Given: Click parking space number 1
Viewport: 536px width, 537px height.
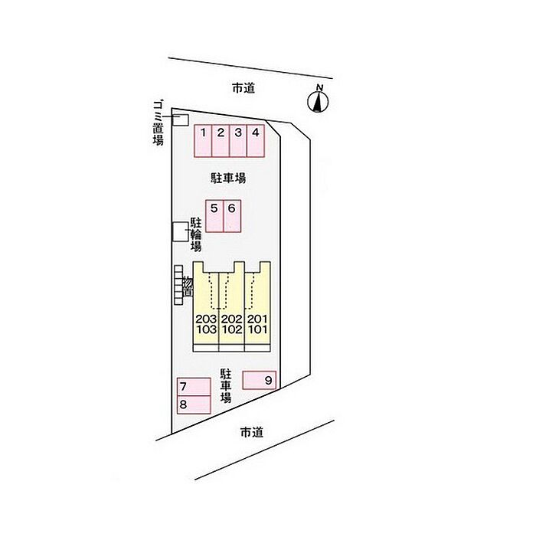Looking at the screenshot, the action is pos(202,140).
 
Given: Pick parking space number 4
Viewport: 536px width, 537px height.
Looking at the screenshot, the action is pos(255,140).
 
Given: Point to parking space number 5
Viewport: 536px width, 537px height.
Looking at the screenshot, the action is pos(214,216).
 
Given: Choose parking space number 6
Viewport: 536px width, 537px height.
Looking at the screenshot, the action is pos(231,216).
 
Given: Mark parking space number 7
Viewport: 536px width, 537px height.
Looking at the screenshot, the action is pos(194,387).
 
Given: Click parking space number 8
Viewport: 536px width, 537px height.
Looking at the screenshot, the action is pos(194,404).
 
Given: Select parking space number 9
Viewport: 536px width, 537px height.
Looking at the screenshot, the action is pos(260,379).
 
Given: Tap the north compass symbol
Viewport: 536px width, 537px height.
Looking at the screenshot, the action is pos(319,100).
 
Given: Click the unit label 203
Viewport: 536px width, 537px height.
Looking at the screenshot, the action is pos(206,319).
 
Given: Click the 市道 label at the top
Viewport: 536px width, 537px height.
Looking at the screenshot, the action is pos(243,89).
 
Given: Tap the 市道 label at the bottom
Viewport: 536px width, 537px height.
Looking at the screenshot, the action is pos(251,433).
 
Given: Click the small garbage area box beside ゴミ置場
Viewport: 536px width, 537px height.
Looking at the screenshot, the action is pos(181,120).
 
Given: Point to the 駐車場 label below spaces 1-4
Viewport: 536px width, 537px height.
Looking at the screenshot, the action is pos(228,178).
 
